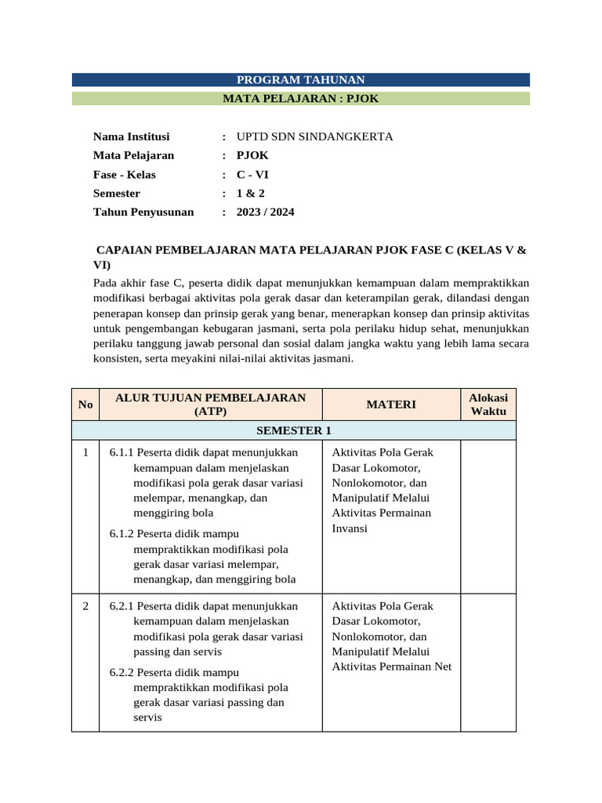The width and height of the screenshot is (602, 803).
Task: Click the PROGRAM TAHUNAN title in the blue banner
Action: coord(301,80)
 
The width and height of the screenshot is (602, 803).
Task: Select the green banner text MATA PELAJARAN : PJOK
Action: coord(301,99)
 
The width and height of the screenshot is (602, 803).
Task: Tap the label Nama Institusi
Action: coord(131,136)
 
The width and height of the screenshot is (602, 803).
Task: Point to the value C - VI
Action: coord(252,174)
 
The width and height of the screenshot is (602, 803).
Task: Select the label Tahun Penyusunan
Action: coord(143,212)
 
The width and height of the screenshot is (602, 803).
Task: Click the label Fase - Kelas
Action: coord(125,174)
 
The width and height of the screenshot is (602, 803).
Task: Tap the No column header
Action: coord(85,405)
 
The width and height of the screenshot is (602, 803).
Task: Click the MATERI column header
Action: coord(390,405)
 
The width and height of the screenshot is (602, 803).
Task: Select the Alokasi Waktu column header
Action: coord(488,405)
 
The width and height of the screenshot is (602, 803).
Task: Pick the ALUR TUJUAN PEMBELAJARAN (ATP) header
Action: coord(210,405)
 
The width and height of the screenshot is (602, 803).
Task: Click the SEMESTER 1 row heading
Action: coord(293,431)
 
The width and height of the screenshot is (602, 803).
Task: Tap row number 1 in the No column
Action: coord(85,452)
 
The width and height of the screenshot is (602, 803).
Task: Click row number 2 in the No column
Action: coord(85,606)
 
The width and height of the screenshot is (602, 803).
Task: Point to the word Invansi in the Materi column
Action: coord(350,528)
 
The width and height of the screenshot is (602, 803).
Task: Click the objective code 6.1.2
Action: coord(121,534)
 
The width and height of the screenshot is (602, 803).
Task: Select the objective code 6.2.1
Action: coord(121,606)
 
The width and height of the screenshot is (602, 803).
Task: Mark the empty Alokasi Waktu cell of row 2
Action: coord(488,663)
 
